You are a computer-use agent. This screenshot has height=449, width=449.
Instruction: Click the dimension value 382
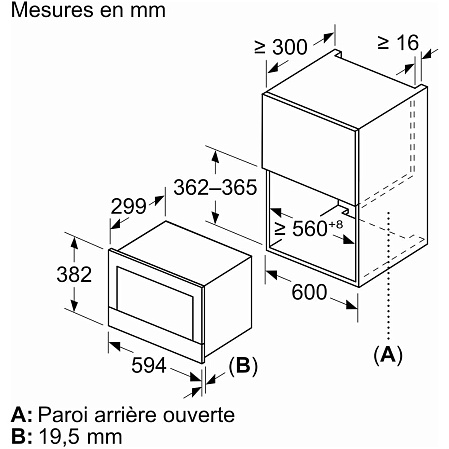click(x=74, y=274)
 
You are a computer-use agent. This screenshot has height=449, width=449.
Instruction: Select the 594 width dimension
click(x=149, y=365)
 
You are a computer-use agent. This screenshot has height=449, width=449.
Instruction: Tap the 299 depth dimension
click(x=128, y=206)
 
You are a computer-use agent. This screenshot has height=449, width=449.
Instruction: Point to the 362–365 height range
click(x=215, y=187)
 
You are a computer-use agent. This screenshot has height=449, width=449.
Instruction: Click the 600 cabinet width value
click(x=309, y=292)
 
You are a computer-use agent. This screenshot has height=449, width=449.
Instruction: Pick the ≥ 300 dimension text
click(x=281, y=47)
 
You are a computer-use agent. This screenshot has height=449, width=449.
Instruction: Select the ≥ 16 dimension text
click(x=398, y=43)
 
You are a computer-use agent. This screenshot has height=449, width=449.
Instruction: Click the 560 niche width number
click(x=310, y=229)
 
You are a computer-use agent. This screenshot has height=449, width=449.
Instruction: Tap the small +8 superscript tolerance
click(x=336, y=224)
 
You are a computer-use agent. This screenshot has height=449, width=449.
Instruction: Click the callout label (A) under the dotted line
click(x=388, y=354)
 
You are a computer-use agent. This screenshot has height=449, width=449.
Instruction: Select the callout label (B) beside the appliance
click(x=243, y=366)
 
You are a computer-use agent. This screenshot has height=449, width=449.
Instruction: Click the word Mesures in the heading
click(x=52, y=10)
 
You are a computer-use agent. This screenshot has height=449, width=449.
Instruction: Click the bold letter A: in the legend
click(x=22, y=415)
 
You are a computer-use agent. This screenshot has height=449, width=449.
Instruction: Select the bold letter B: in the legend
click(x=22, y=436)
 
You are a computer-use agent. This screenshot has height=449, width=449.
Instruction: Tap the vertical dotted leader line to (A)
click(x=388, y=276)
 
